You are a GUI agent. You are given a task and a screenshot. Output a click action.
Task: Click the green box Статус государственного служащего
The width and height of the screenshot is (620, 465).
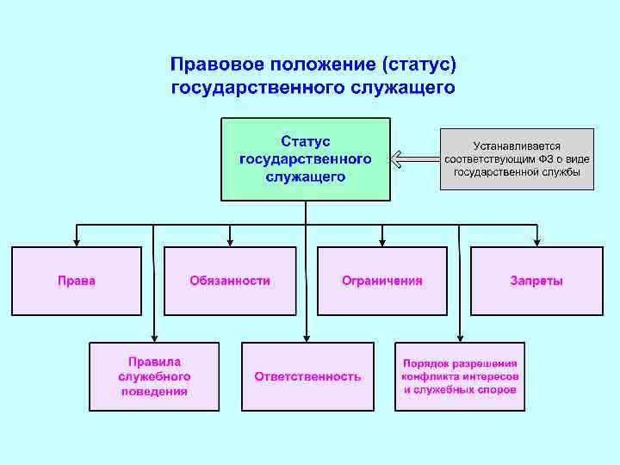coord(306,159)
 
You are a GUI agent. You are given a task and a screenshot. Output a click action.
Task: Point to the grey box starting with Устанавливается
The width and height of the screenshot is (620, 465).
coord(517,159)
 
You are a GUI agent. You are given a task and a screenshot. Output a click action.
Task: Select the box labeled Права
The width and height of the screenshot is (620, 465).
coord(76,281)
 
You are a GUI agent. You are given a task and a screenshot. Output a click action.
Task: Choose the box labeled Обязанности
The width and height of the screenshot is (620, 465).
coord(229,281)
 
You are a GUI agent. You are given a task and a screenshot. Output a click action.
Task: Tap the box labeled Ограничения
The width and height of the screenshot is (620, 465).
coord(382,281)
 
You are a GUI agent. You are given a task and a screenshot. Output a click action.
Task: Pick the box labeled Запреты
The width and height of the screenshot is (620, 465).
coord(536,281)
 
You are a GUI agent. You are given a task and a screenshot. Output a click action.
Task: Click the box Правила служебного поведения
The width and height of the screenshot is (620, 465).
coord(154,376)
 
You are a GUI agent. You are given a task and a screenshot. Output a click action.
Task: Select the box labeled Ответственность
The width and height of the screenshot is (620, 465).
coord(307,376)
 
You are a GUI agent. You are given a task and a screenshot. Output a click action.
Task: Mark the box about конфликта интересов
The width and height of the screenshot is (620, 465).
coord(460,376)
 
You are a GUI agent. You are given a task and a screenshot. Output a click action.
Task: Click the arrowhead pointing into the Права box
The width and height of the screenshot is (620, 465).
coord(76,242)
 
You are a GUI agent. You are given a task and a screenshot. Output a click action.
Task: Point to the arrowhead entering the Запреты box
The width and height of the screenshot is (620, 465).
coord(536,242)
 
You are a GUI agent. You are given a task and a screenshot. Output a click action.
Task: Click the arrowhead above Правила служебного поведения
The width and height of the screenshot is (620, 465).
coord(154,338)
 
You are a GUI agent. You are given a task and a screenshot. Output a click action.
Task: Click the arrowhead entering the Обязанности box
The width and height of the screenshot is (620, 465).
coord(229,242)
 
